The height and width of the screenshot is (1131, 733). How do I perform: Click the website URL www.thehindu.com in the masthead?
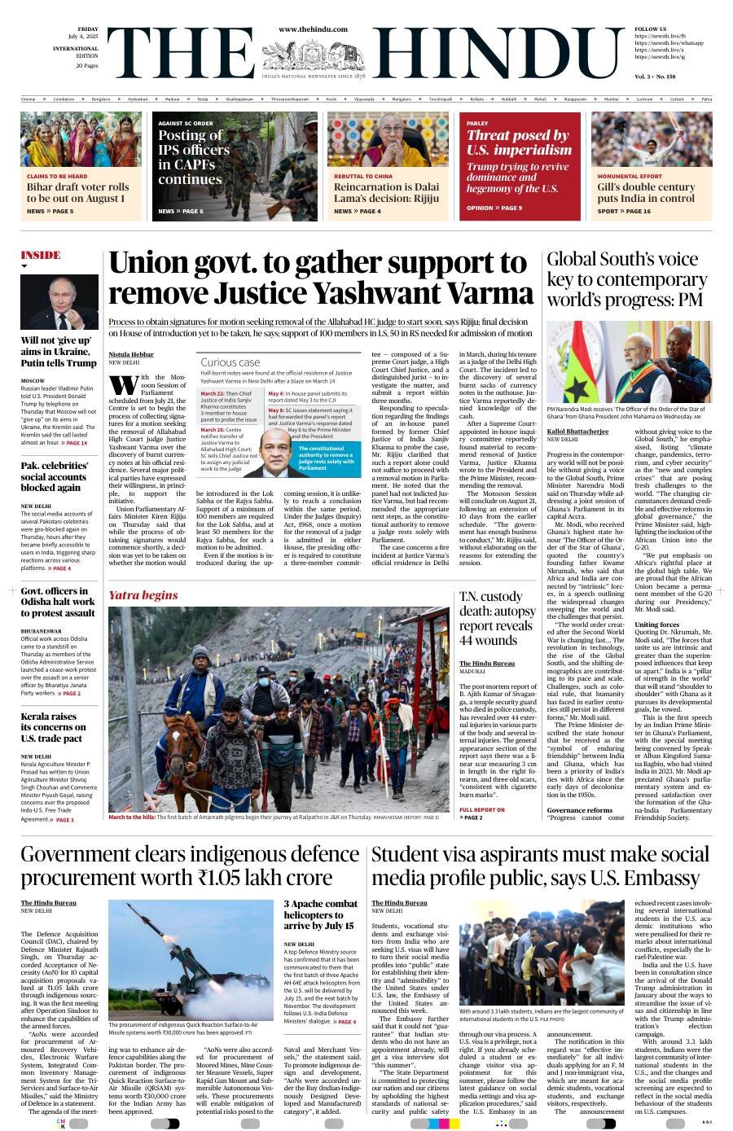coord(313,29)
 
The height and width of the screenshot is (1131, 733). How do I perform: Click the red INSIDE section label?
coord(41,255)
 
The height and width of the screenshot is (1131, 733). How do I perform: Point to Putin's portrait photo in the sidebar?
coord(59,302)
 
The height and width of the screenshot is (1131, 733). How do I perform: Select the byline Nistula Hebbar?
coord(130,354)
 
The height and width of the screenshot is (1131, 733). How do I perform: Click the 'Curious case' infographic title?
coord(230,362)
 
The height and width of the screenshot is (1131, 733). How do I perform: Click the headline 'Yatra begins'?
coord(143,595)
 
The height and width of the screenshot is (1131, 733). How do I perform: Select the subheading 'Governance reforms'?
coord(579,810)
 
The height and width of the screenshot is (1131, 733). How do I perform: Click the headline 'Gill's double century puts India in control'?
coord(646,192)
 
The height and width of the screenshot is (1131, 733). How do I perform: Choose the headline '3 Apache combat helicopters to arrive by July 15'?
coord(320,914)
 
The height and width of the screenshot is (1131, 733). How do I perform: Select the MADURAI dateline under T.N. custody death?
coord(472,671)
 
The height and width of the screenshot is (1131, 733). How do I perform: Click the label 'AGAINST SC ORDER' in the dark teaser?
coord(186,123)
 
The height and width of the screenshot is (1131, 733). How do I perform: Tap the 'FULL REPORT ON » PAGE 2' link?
coord(482,813)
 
